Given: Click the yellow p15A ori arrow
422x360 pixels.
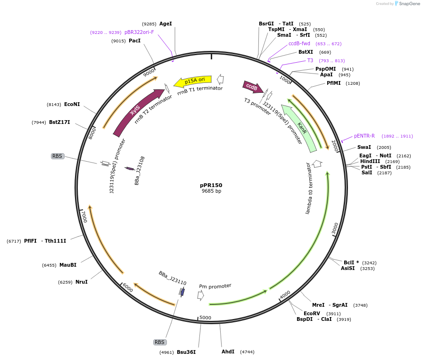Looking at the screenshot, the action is [193, 81].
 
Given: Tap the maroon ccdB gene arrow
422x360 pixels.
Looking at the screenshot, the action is [253, 87].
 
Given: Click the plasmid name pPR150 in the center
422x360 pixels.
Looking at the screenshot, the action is [211, 185].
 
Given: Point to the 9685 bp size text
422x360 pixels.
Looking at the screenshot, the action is [211, 191].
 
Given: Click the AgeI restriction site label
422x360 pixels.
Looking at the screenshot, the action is [165, 24].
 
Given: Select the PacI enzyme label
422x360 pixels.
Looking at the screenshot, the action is [134, 41].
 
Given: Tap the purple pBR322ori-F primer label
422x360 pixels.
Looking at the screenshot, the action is [139, 33].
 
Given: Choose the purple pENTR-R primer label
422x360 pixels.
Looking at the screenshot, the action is [364, 136].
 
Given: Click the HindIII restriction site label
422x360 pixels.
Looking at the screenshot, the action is [370, 161].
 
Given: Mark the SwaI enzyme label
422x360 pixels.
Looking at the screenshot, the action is [364, 147].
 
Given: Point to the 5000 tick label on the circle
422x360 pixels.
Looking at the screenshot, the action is [206, 318].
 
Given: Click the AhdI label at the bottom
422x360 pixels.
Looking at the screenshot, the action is [228, 352].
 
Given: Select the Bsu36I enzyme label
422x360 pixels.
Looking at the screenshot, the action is [186, 352].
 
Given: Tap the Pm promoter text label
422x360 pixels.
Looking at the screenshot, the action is [215, 286].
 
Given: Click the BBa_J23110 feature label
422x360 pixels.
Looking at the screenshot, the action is [173, 278].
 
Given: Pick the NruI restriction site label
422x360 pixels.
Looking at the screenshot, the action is [82, 282].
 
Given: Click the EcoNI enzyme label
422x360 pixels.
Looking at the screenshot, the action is [72, 104].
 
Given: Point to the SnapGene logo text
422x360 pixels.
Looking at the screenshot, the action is [409, 3].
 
